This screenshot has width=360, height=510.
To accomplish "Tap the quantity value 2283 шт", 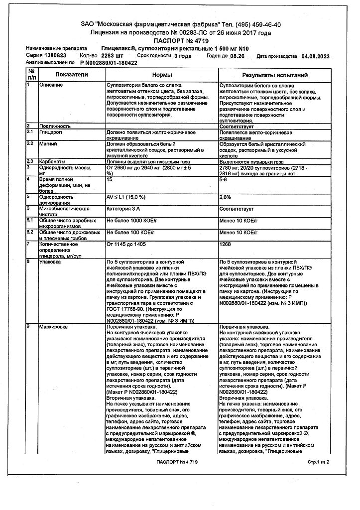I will click(112, 56).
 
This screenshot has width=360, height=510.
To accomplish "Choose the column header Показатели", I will click(72, 74).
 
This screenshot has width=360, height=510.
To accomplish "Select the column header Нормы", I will click(162, 74).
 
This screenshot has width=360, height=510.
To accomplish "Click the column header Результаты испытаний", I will click(274, 74).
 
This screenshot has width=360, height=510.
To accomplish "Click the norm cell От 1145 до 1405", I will click(126, 244).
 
